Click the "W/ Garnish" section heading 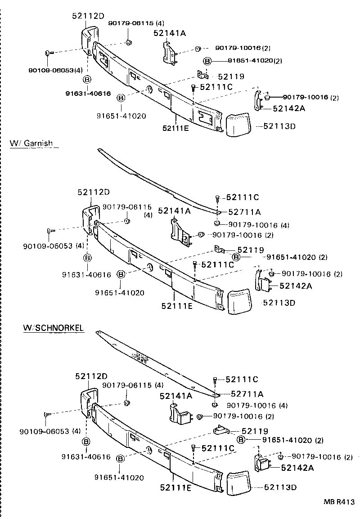point(31,143)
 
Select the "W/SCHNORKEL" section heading point(53,328)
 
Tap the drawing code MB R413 point(338,502)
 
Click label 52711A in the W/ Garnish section point(245,212)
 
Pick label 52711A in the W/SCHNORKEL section point(247,394)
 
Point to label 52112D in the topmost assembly point(88,16)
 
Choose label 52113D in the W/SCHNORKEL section point(280,487)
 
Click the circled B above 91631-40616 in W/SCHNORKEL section point(86,441)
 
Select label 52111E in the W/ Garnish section point(177,306)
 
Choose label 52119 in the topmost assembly point(231,76)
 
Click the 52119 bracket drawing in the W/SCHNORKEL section point(220,430)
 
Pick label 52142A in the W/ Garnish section point(296,286)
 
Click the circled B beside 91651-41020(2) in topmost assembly point(207,61)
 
